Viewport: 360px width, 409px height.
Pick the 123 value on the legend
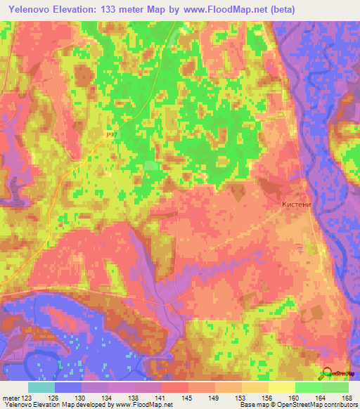[27, 398]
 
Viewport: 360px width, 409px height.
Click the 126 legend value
[53, 398]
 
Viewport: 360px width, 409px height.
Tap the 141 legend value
[161, 398]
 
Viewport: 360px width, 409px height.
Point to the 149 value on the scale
[214, 398]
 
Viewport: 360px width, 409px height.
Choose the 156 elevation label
[268, 398]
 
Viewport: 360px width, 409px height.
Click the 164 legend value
[321, 398]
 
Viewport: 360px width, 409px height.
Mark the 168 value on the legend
[347, 398]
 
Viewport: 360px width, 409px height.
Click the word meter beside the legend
[11, 398]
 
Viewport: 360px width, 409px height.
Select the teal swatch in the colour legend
[41, 387]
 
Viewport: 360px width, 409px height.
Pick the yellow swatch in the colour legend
[281, 387]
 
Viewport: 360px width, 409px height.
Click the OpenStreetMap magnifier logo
[327, 372]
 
